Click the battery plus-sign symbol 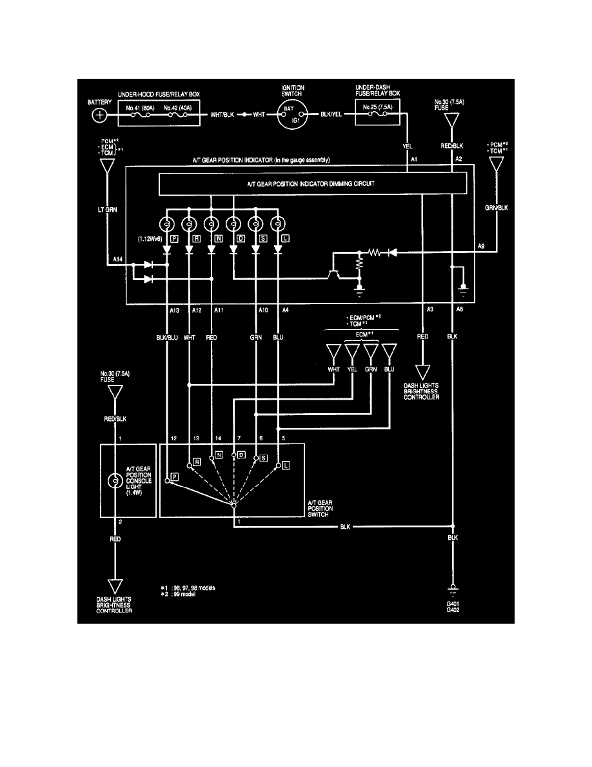click(x=100, y=116)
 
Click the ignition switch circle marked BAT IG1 click(x=293, y=116)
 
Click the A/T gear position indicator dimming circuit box click(x=312, y=184)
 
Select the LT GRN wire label click(x=107, y=210)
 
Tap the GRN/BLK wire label click(x=497, y=209)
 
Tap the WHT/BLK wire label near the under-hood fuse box click(x=222, y=116)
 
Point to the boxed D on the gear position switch click(x=242, y=455)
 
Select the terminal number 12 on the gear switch click(x=173, y=439)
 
